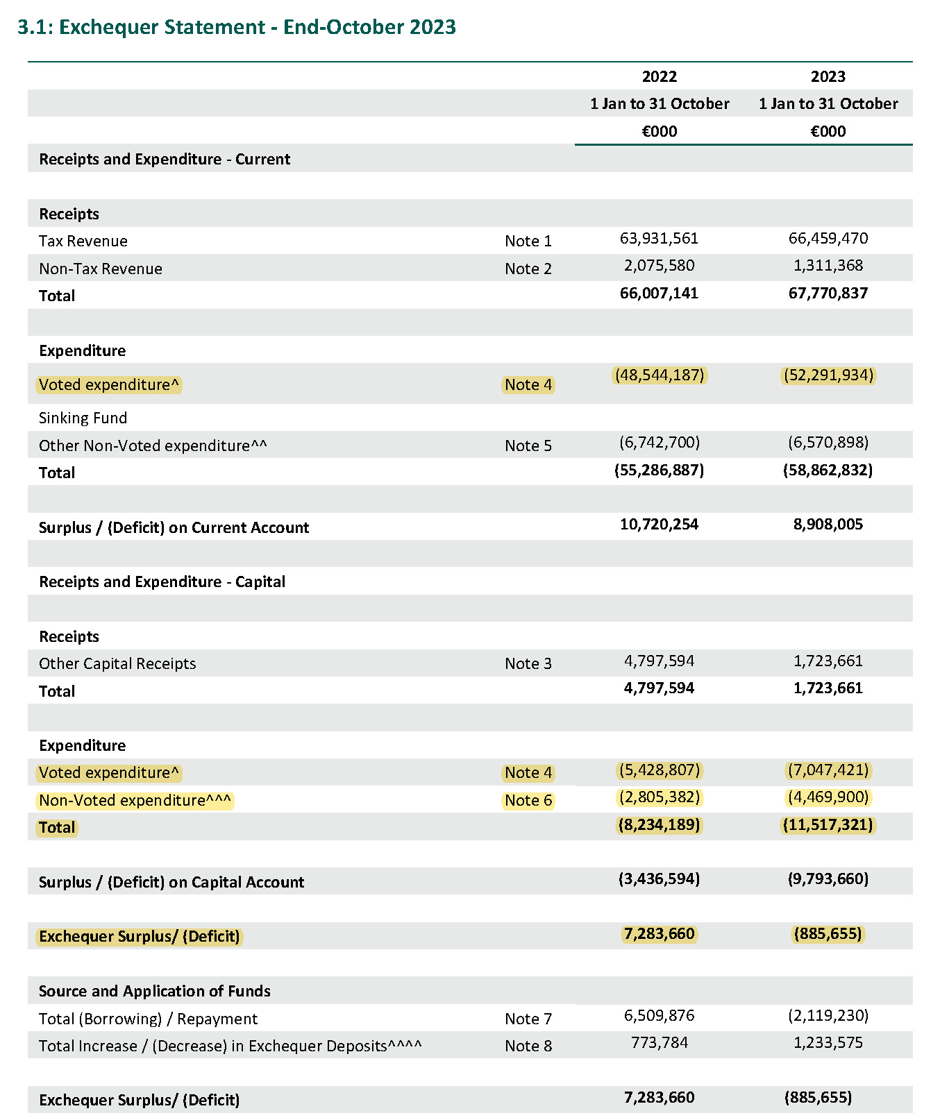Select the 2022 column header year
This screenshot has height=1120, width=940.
(659, 76)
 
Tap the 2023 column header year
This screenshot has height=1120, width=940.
(828, 76)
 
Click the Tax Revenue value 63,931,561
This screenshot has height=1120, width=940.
(659, 239)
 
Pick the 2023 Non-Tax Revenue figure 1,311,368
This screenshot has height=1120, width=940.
(828, 266)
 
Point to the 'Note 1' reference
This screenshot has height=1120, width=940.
(528, 241)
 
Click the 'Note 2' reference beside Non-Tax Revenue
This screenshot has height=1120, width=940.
(528, 269)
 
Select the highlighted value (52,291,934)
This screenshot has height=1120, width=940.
(828, 375)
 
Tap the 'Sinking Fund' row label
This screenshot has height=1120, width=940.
(83, 418)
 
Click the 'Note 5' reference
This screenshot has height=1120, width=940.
(528, 446)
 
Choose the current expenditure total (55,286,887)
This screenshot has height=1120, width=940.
(659, 470)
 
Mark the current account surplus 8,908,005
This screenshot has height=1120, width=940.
(828, 525)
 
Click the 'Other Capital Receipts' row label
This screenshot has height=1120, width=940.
(117, 663)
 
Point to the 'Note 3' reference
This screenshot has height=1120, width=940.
(528, 663)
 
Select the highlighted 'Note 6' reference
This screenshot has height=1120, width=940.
(528, 800)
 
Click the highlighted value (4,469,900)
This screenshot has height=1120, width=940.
(828, 797)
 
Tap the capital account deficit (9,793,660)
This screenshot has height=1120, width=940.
(828, 879)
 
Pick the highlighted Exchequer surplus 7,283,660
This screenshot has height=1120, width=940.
(659, 934)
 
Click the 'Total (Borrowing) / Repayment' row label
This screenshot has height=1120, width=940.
(148, 1019)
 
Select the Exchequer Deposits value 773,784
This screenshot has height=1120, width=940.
(659, 1043)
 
